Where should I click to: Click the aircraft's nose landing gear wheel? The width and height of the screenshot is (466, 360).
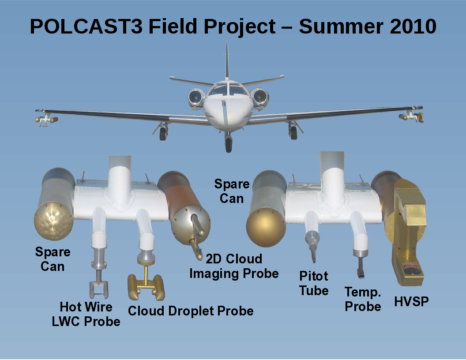pos(229,145)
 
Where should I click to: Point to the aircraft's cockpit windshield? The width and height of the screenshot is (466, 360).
pos(228,90)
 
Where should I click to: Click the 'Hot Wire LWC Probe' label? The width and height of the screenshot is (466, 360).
pos(86,314)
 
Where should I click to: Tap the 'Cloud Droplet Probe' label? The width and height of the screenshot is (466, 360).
pos(191,311)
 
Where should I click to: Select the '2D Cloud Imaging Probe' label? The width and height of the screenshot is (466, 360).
pos(234,266)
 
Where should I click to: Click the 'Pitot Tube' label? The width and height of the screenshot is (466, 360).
pos(314,283)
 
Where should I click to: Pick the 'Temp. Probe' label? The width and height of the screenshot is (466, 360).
pos(363,300)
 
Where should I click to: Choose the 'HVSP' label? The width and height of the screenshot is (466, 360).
pos(411,301)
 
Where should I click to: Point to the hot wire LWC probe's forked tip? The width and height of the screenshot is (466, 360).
pos(99,289)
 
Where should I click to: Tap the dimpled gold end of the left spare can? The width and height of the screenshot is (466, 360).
pos(53,221)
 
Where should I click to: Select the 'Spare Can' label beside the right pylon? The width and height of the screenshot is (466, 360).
pos(232,191)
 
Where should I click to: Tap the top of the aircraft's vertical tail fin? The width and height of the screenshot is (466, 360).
pos(227,43)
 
